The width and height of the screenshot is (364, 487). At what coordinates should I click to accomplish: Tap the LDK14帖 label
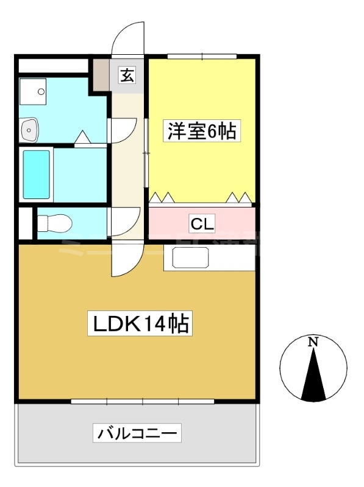[141, 324]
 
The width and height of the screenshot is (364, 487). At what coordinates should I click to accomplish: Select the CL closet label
[202, 224]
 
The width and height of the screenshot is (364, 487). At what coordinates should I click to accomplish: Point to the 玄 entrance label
[127, 75]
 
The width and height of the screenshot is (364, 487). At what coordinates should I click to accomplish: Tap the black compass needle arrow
[313, 374]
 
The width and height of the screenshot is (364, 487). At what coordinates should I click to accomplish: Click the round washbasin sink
[29, 129]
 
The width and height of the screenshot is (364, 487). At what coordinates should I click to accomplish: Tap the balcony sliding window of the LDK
[142, 401]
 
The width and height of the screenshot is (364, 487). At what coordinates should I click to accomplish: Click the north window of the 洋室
[201, 57]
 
